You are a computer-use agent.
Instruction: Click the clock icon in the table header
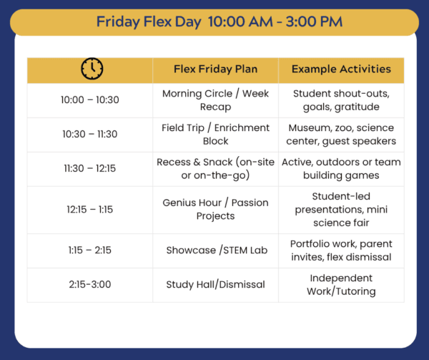tap(92, 69)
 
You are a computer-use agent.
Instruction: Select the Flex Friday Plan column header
tap(216, 69)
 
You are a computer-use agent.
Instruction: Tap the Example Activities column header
tap(341, 69)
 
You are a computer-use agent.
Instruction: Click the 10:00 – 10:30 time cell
tap(90, 100)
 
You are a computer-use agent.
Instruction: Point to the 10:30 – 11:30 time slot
tap(90, 134)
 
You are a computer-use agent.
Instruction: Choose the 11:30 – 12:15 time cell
tap(90, 168)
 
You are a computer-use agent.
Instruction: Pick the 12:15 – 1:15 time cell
tap(90, 210)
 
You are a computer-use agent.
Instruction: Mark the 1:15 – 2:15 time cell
tap(90, 250)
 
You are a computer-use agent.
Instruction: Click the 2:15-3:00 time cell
tap(90, 284)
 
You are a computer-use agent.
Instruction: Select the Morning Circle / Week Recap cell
tap(216, 100)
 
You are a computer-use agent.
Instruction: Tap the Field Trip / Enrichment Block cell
tap(216, 135)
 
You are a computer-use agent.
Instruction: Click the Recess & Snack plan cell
tap(216, 169)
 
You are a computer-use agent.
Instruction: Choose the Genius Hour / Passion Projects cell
tap(216, 210)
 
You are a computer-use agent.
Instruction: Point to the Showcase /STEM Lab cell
tap(217, 250)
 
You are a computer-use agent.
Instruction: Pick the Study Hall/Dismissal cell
tap(216, 284)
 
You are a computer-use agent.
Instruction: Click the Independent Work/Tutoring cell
tap(341, 285)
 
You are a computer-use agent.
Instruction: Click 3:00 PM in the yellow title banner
tap(314, 21)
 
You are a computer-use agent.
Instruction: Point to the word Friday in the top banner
tap(118, 21)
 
